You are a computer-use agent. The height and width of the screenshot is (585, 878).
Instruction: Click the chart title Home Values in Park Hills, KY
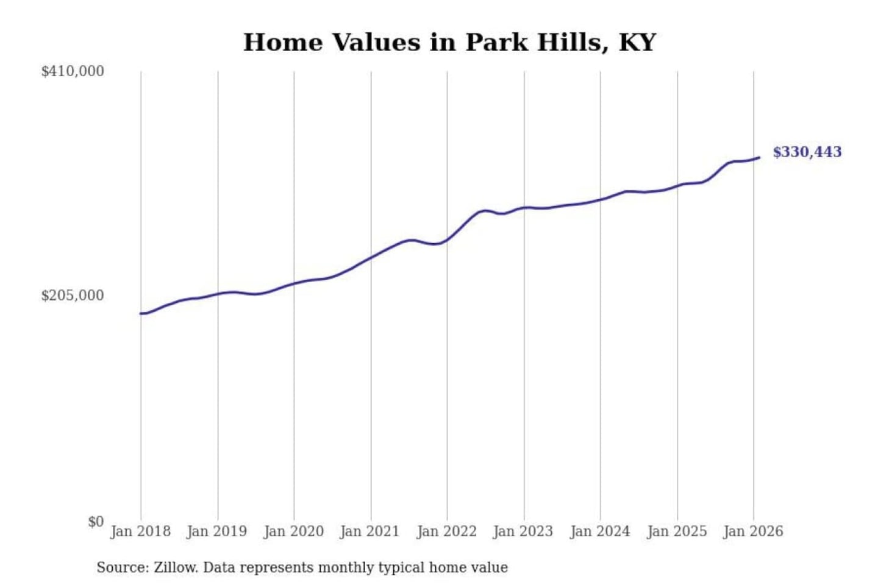click(x=449, y=43)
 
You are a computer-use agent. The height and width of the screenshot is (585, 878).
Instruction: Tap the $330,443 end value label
click(x=807, y=152)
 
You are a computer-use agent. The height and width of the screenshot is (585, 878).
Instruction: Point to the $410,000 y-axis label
click(x=73, y=71)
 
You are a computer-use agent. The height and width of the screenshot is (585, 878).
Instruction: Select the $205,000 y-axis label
click(x=73, y=296)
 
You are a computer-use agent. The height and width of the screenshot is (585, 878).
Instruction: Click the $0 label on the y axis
click(x=96, y=522)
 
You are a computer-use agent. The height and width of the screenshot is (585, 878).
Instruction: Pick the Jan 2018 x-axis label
click(x=140, y=531)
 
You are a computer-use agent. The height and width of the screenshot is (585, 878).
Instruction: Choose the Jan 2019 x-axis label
click(x=217, y=531)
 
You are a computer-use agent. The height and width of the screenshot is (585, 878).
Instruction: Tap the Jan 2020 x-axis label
click(x=293, y=531)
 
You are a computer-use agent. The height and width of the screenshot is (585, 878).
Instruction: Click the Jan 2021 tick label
click(x=369, y=531)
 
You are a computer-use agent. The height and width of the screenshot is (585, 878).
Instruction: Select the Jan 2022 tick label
click(x=446, y=531)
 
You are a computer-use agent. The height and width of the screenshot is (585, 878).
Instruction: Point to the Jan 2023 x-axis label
click(x=523, y=531)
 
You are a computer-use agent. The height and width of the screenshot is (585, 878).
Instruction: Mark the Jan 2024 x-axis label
click(x=599, y=531)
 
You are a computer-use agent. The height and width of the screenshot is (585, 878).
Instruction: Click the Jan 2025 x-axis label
click(x=676, y=531)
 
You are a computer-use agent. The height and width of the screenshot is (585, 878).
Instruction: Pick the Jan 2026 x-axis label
click(x=752, y=531)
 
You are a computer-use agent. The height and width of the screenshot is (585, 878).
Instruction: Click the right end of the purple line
click(x=759, y=158)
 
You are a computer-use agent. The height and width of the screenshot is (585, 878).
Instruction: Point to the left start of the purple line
click(x=141, y=313)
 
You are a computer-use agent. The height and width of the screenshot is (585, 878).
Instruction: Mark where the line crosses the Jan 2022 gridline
click(x=447, y=239)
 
